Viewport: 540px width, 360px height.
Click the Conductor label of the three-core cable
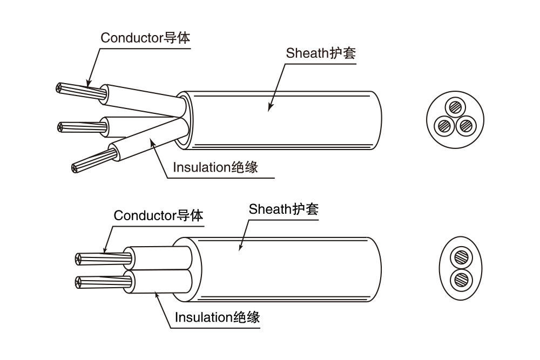pyautogui.click(x=145, y=38)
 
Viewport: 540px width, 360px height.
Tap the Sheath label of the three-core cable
pyautogui.click(x=321, y=53)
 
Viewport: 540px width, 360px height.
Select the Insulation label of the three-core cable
pyautogui.click(x=215, y=167)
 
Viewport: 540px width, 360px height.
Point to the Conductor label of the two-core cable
pyautogui.click(x=158, y=216)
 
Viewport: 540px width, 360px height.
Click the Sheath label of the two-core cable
pyautogui.click(x=283, y=209)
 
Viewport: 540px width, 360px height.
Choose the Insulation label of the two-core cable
pyautogui.click(x=217, y=317)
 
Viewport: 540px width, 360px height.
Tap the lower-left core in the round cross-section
pyautogui.click(x=445, y=125)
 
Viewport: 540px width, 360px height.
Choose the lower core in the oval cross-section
pyautogui.click(x=461, y=280)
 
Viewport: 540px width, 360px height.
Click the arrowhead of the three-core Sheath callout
pyautogui.click(x=269, y=110)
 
